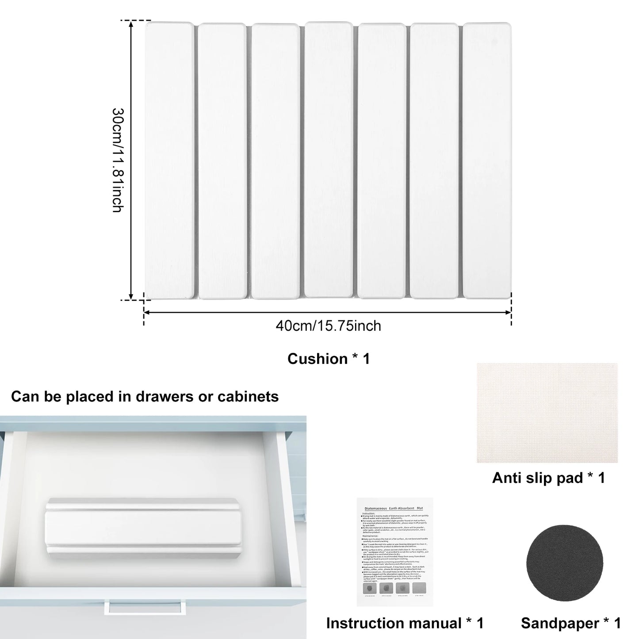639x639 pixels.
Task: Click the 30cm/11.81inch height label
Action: (x=117, y=160)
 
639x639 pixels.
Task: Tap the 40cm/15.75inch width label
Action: (x=328, y=326)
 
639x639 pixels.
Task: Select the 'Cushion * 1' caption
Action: (x=329, y=359)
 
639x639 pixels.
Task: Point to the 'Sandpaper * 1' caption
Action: (x=571, y=623)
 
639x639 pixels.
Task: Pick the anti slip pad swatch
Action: (x=547, y=413)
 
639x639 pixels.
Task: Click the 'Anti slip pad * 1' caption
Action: (x=548, y=478)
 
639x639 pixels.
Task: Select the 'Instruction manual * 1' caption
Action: (x=405, y=623)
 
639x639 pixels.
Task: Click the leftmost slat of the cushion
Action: (x=169, y=160)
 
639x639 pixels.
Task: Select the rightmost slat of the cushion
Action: (x=487, y=160)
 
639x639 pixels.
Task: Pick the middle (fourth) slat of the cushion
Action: (x=329, y=160)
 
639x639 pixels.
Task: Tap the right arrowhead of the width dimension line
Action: (x=508, y=312)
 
